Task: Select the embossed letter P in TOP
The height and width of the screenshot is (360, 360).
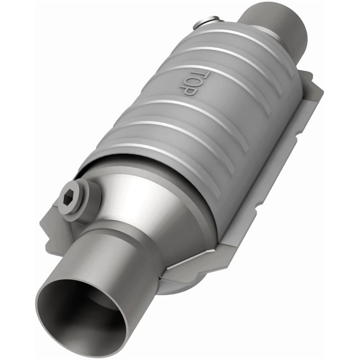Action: click(x=189, y=90)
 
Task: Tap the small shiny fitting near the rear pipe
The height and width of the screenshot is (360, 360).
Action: click(x=209, y=21)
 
